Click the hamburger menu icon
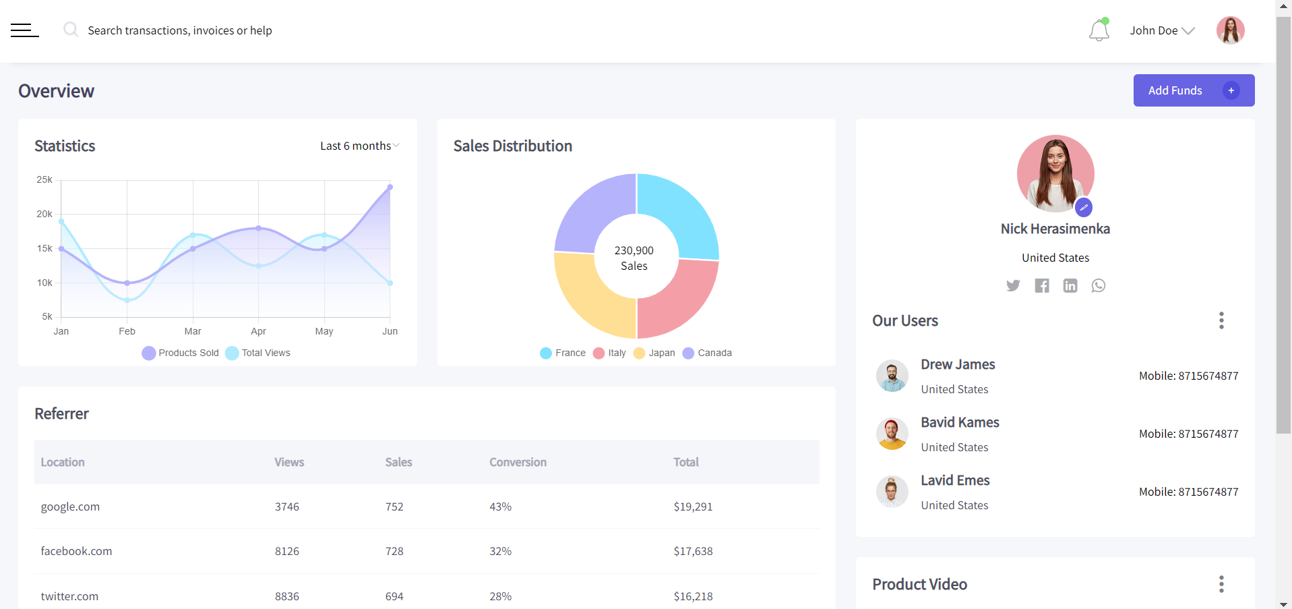point(25,30)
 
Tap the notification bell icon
point(1099,30)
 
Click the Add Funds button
point(1193,90)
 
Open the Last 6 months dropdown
point(359,146)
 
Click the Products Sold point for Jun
point(390,187)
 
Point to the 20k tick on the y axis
point(44,214)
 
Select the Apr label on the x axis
point(258,331)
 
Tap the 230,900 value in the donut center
point(634,250)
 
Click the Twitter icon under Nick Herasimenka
point(1013,285)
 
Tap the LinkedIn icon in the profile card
point(1070,285)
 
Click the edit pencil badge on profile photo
point(1083,207)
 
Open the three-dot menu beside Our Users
point(1221,320)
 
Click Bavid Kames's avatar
point(892,434)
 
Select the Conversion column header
point(518,462)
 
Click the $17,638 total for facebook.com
point(693,551)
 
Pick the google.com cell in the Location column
point(70,506)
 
